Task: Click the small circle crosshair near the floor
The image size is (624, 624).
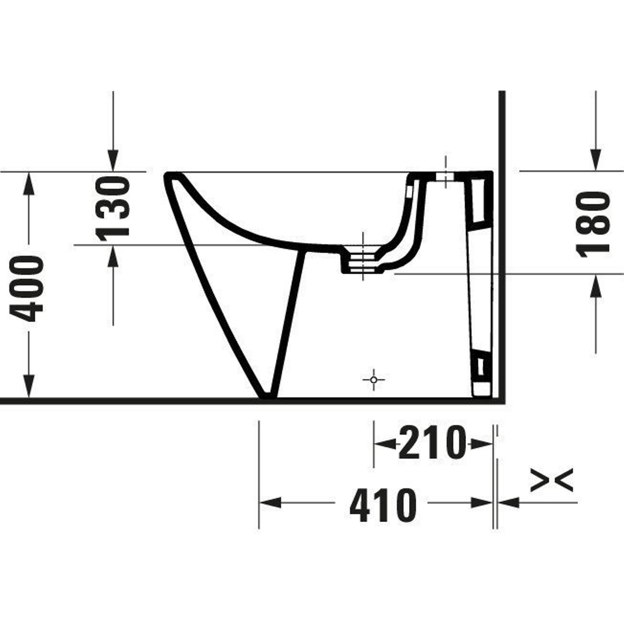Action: [374, 380]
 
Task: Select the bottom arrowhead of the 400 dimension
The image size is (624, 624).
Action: [29, 386]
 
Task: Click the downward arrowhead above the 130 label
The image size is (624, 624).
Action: [113, 160]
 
